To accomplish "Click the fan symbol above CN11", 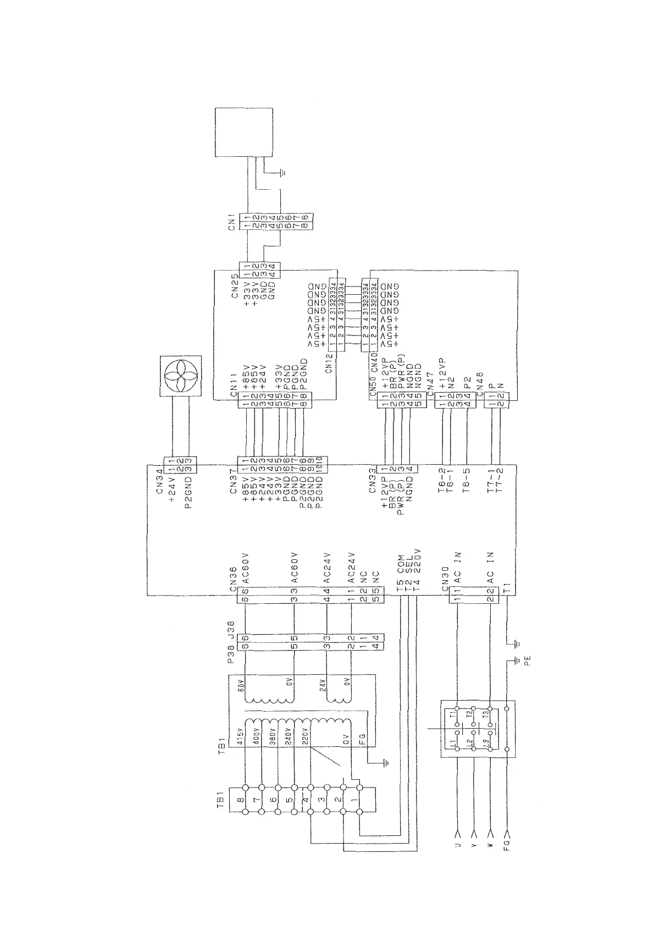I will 181,376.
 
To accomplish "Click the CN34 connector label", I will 159,482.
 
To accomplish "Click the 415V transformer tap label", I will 240,737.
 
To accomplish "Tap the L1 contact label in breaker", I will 453,744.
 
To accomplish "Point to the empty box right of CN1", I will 243,132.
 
